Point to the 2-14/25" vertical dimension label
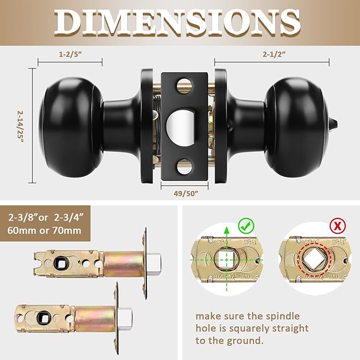tap(21, 129)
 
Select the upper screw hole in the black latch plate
tap(183, 82)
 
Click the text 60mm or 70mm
tap(45, 231)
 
